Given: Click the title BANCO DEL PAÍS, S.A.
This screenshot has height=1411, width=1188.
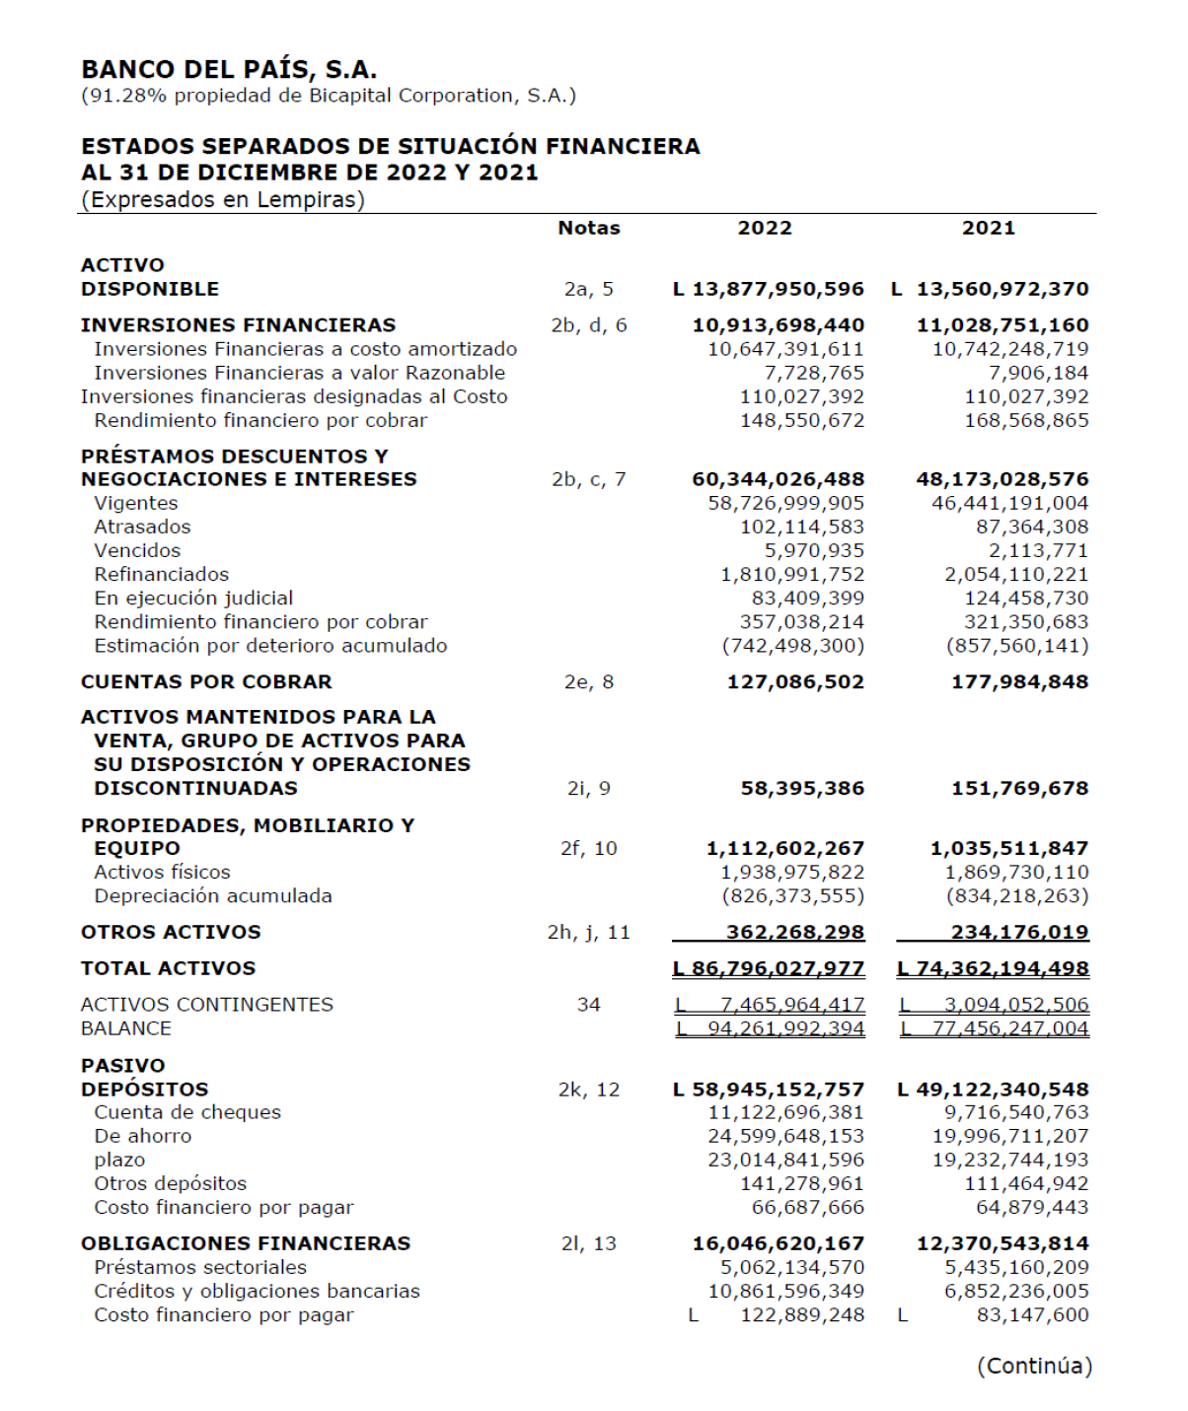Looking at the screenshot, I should (x=229, y=70).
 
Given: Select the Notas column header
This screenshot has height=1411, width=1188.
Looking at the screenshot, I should (x=588, y=228).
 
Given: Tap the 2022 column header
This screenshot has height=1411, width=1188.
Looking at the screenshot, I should (x=765, y=228).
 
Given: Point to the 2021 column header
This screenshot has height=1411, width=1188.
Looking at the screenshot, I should (x=988, y=228).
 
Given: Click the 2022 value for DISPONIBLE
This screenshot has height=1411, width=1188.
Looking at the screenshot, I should (x=769, y=289).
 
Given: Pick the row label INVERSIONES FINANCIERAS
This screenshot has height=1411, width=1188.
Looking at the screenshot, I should (x=238, y=325).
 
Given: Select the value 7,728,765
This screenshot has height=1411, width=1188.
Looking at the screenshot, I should (x=814, y=373).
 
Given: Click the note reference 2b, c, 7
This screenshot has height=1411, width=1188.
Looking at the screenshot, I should (x=588, y=479).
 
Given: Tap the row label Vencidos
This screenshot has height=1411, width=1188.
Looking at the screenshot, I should (x=137, y=550).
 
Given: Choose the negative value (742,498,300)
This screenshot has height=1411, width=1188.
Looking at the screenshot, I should (x=792, y=646).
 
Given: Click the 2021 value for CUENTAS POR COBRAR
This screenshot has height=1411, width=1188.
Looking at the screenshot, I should (x=1019, y=681).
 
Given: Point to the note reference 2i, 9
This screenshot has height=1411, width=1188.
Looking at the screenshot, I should (x=588, y=788).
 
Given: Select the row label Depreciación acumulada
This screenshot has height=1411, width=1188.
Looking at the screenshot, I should (x=213, y=895).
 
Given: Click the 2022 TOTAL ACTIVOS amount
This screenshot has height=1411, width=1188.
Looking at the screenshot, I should (x=769, y=968).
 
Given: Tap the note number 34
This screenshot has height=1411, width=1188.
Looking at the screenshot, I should (x=588, y=1004).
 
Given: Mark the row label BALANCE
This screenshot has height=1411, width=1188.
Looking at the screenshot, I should (x=126, y=1027).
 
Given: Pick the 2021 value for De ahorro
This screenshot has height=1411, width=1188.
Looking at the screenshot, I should (x=1010, y=1136).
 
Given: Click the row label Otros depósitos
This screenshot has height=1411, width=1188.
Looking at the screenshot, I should (x=170, y=1183).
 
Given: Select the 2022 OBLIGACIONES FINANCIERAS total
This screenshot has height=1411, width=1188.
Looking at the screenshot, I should (x=778, y=1243).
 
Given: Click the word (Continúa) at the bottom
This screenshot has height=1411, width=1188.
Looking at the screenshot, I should (x=1034, y=1366).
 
